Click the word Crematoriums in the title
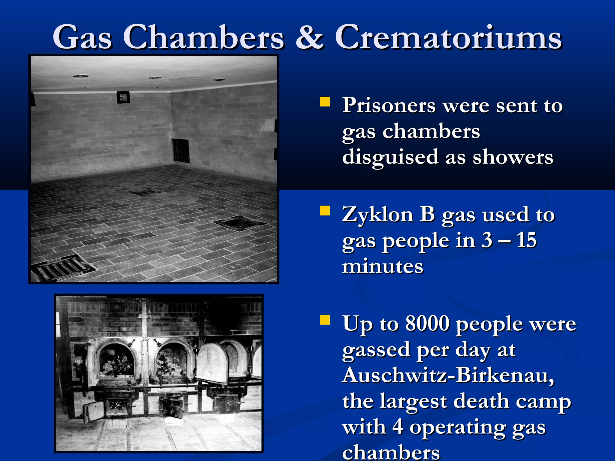click(x=448, y=38)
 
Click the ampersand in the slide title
click(x=309, y=38)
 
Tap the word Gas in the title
click(x=82, y=38)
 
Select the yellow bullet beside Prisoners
click(x=325, y=102)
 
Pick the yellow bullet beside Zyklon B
click(x=325, y=211)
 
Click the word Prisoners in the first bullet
click(x=389, y=106)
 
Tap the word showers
click(x=513, y=157)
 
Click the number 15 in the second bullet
click(x=526, y=240)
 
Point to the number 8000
click(x=427, y=324)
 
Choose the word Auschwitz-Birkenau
click(x=448, y=375)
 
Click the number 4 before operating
click(x=398, y=427)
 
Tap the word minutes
click(x=383, y=267)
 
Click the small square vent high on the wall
click(x=123, y=97)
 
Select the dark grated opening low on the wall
click(x=181, y=151)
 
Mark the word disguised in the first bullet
click(x=390, y=157)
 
